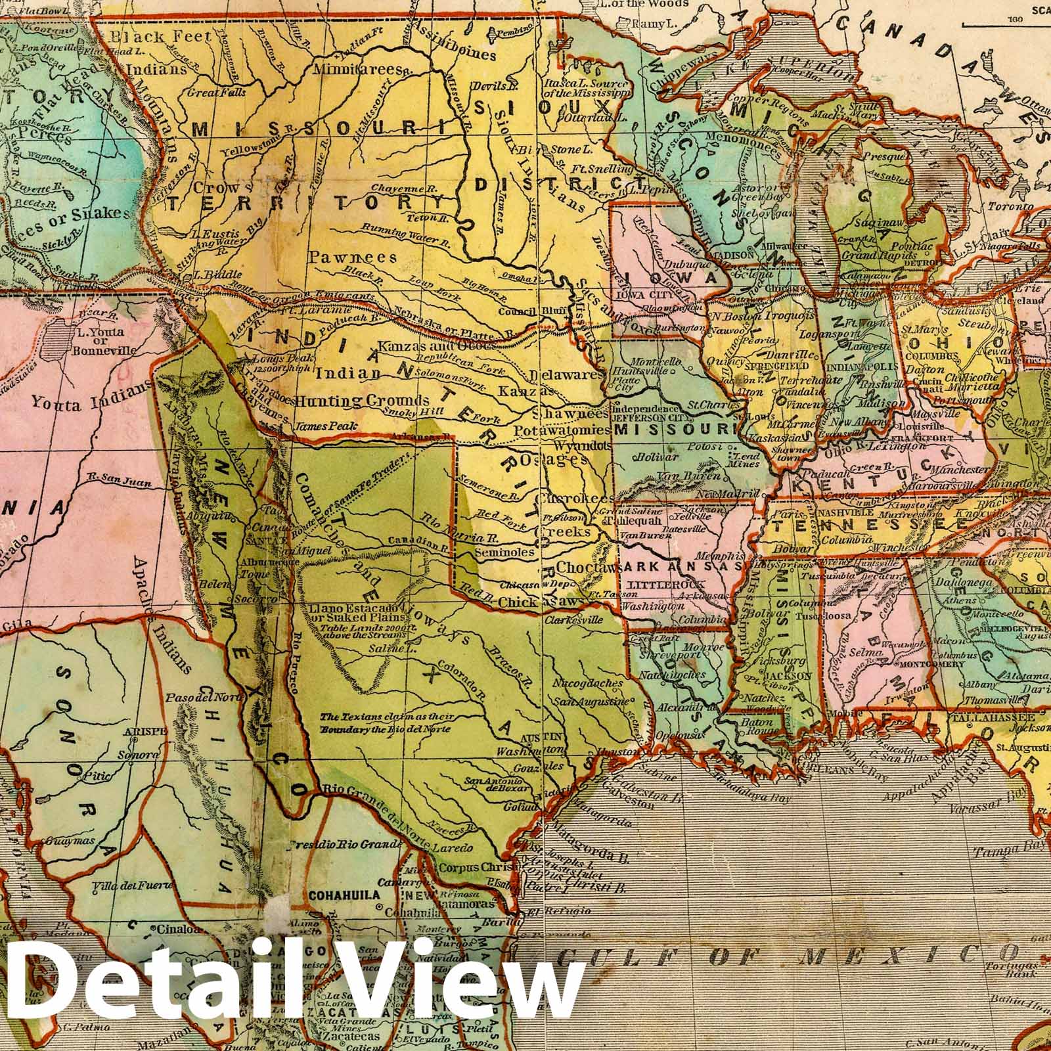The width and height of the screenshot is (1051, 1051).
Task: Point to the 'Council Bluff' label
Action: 523,313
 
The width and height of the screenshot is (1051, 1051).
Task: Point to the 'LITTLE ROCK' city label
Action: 666,584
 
